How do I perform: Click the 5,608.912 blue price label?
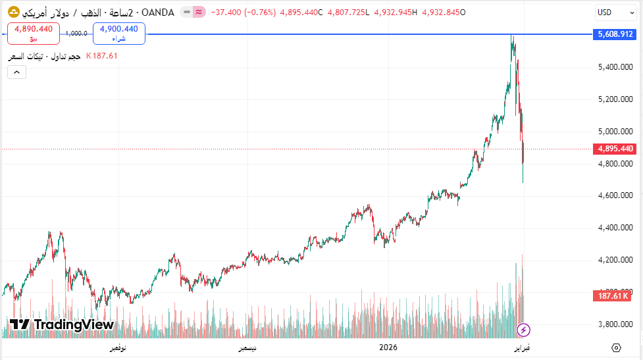[615, 34]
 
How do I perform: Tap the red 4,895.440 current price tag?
[615, 149]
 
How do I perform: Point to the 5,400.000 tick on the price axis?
[615, 67]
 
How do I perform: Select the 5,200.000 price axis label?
[615, 99]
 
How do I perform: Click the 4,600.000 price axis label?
[615, 195]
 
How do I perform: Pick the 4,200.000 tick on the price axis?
[615, 260]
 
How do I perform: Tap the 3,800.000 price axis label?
[615, 324]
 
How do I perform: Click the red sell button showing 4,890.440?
[34, 33]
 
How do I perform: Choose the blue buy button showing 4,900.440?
[119, 33]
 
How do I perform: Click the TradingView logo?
[62, 324]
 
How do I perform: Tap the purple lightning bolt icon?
[524, 329]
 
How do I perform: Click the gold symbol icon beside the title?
[13, 12]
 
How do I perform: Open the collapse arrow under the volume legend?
[17, 72]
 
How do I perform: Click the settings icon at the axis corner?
[616, 347]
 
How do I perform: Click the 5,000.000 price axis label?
[615, 132]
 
